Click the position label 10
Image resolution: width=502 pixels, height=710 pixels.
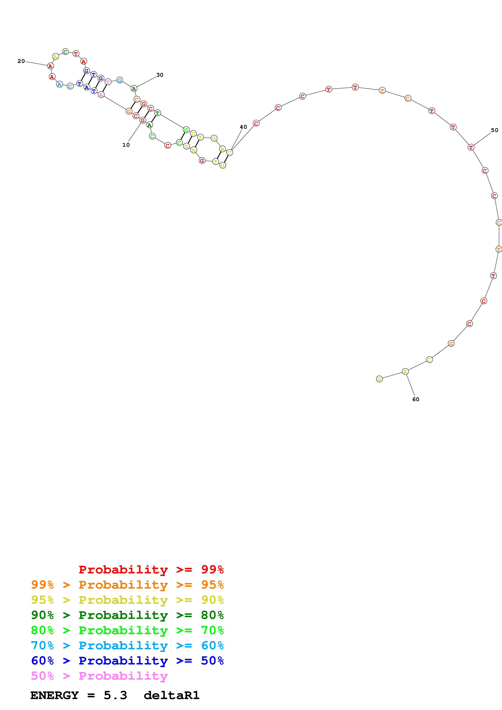point(126,145)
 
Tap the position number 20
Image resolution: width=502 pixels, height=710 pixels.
point(21,61)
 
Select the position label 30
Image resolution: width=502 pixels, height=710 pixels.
point(160,75)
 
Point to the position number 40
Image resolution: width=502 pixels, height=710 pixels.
point(243,127)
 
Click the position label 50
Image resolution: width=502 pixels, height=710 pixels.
point(495,130)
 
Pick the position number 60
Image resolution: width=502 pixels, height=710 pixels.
point(416,399)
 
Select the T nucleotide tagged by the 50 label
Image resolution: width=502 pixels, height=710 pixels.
point(471,147)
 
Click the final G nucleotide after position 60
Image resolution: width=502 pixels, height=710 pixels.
point(379,379)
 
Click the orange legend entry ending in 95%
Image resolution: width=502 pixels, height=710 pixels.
point(127,585)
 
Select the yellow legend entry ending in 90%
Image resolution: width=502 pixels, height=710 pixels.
point(127,600)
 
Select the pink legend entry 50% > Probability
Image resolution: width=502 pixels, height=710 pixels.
point(99,676)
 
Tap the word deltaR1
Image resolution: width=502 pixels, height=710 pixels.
point(172,695)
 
